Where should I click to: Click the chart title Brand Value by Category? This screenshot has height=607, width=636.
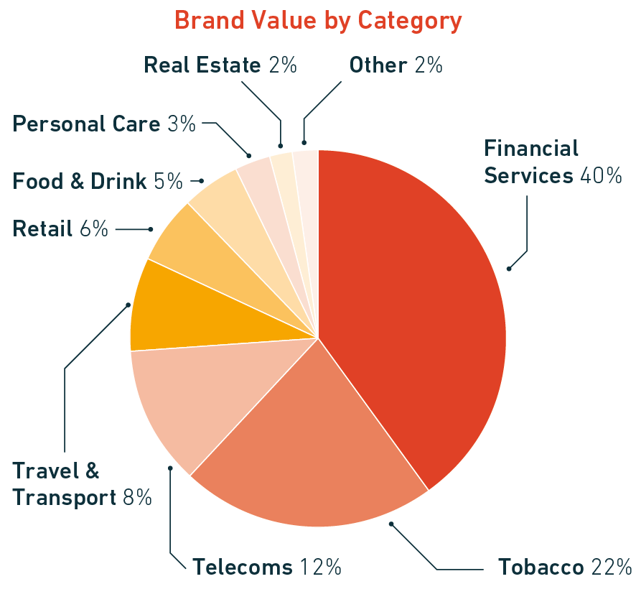(x=318, y=20)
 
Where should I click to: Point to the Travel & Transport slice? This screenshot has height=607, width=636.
(x=172, y=309)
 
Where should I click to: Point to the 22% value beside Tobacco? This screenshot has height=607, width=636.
(x=611, y=567)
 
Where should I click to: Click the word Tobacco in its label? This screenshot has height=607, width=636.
(x=541, y=567)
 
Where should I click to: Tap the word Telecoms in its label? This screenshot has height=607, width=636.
(x=242, y=567)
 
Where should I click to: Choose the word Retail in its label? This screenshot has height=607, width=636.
(x=42, y=229)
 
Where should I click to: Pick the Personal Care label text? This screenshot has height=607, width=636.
(x=86, y=124)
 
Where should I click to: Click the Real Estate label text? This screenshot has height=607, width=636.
(x=202, y=65)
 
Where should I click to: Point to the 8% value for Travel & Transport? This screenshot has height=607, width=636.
(x=137, y=497)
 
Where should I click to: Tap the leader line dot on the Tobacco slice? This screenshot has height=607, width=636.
(x=391, y=524)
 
